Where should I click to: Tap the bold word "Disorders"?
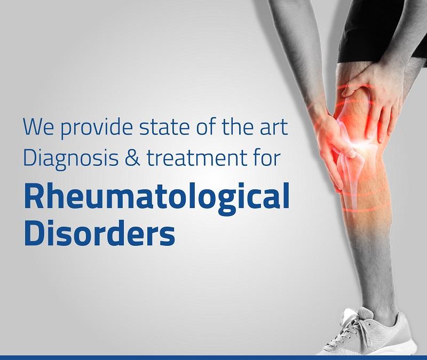pyautogui.click(x=99, y=233)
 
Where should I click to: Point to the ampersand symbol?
pyautogui.click(x=132, y=158)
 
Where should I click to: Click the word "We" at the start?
pyautogui.click(x=38, y=126)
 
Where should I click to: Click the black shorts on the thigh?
pyautogui.click(x=381, y=30)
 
